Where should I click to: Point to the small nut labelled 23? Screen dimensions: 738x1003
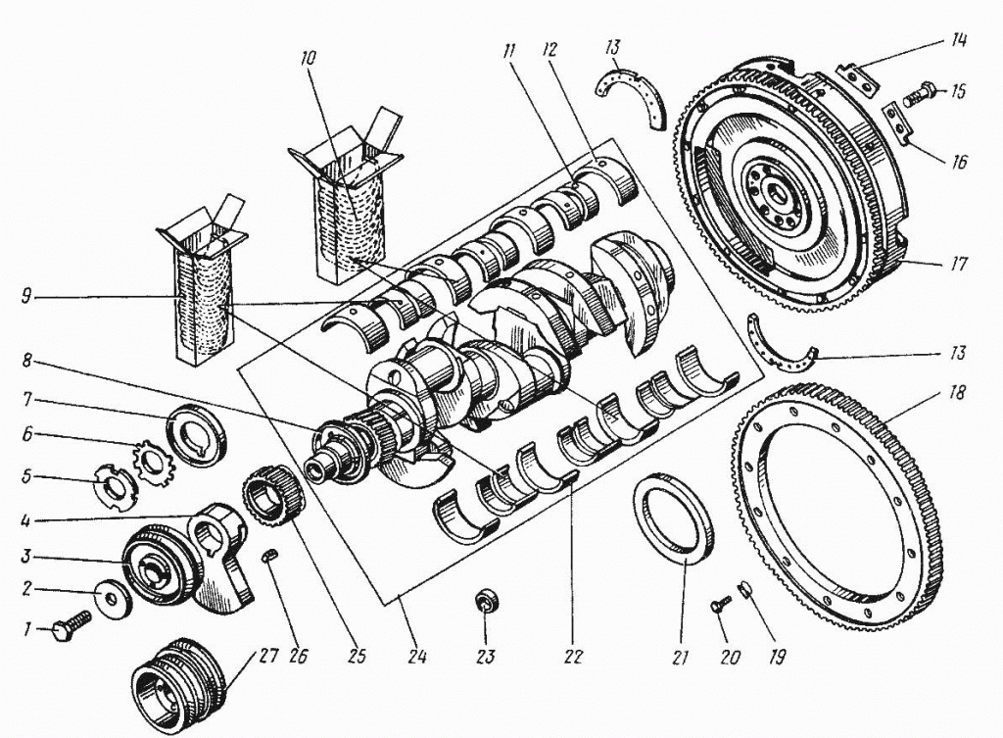pyautogui.click(x=484, y=601)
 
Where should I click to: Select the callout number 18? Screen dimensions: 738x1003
pyautogui.click(x=957, y=394)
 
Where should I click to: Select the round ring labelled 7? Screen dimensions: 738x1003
pyautogui.click(x=197, y=435)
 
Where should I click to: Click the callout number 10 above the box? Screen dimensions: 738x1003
pyautogui.click(x=309, y=59)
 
